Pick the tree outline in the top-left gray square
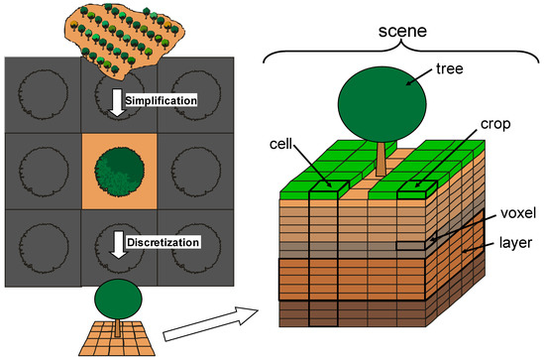[x=40, y=94]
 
